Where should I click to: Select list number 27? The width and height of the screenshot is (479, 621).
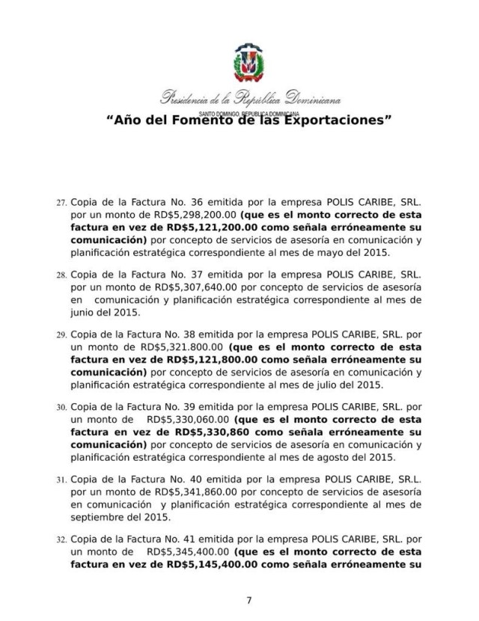click(x=61, y=204)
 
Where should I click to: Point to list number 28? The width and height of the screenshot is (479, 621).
click(x=61, y=275)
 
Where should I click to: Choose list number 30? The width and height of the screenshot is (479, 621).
click(x=61, y=409)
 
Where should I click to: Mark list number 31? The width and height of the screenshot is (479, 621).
click(x=61, y=482)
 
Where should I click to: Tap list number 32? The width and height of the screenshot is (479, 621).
click(x=61, y=541)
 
